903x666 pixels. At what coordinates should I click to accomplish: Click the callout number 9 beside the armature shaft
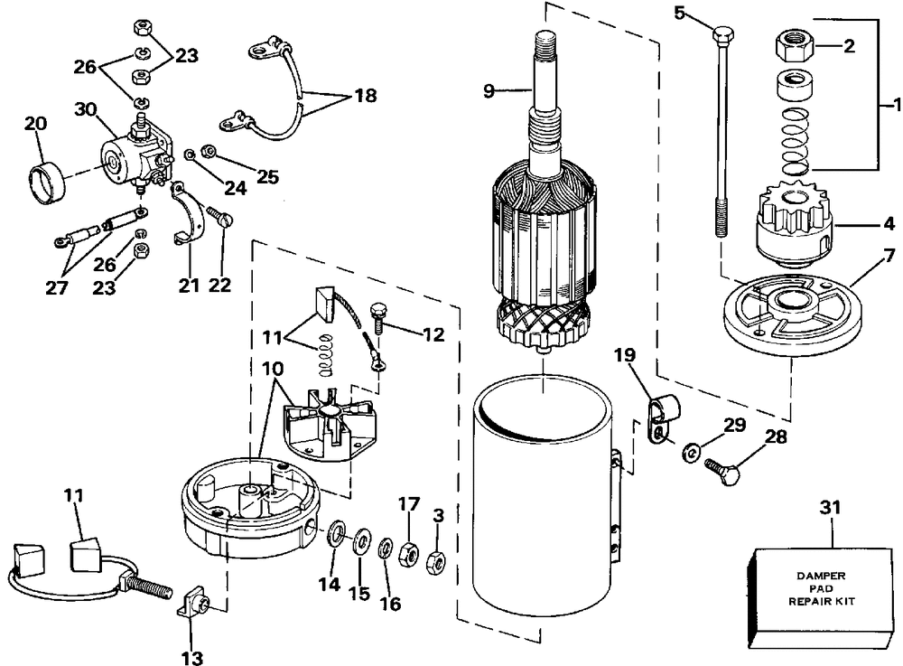coord(489,90)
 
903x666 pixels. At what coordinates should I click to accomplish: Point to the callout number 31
coord(830,507)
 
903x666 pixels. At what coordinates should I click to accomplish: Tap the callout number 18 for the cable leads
coord(365,95)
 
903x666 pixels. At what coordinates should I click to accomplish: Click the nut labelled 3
coord(435,562)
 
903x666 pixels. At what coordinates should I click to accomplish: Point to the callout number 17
coord(409,504)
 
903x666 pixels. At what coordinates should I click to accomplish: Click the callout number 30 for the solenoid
coord(86,108)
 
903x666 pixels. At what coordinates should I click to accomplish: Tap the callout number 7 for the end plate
coord(889,254)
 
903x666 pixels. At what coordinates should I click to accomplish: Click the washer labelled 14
coord(336,534)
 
